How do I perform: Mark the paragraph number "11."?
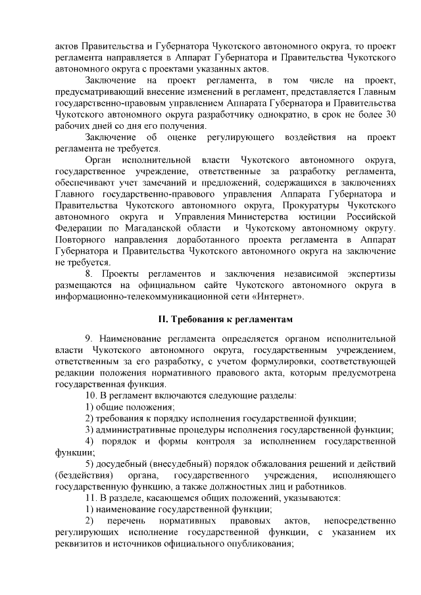(x=91, y=498)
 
